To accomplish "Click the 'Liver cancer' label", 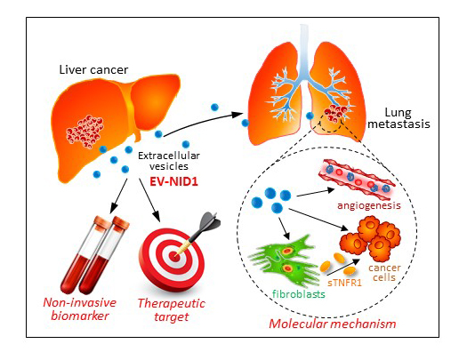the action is click(x=93, y=69).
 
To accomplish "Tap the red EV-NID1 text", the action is click(x=173, y=181).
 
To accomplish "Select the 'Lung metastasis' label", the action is click(x=399, y=118).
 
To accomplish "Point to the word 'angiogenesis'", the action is click(x=369, y=205).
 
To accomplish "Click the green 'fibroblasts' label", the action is click(x=298, y=294).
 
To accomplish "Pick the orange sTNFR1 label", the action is click(x=344, y=283).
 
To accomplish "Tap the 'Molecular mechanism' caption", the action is click(x=333, y=324).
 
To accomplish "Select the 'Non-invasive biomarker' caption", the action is click(x=79, y=309).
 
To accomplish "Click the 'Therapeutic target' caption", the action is click(x=172, y=310).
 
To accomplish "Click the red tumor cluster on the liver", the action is click(x=85, y=132).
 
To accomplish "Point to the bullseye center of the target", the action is click(x=173, y=256).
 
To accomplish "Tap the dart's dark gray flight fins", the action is click(x=209, y=221).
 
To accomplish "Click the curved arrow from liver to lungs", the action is click(x=203, y=122).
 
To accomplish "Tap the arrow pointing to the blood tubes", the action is click(x=118, y=196).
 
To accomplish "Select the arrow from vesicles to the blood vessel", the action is click(x=316, y=192).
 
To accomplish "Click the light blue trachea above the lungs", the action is click(x=304, y=52).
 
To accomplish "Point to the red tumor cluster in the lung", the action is click(x=336, y=113).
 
